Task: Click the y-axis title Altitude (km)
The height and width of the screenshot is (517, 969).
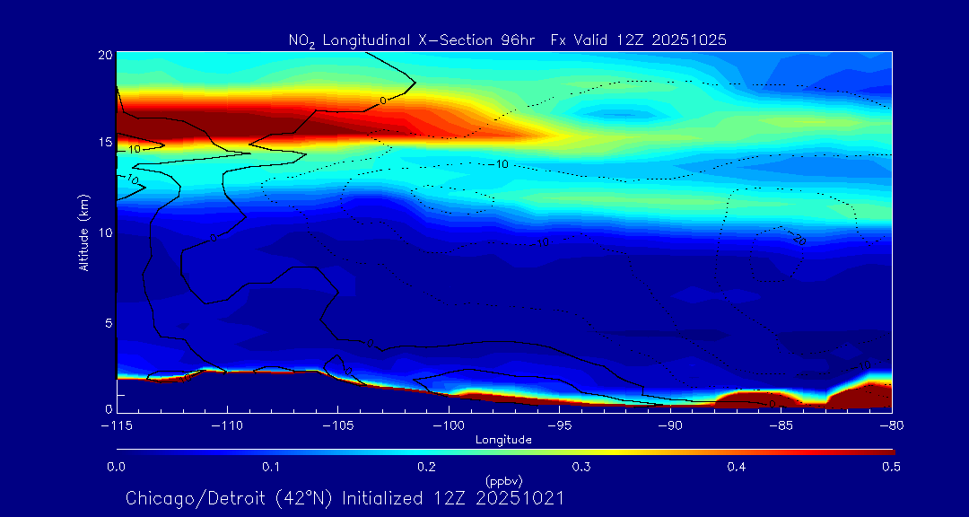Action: (x=83, y=232)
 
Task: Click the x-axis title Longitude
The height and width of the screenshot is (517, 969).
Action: (x=503, y=440)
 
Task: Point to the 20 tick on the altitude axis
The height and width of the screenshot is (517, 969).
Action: (x=104, y=55)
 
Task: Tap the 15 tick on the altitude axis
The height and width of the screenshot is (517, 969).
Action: (x=104, y=143)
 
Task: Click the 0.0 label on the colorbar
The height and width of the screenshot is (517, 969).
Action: (x=116, y=467)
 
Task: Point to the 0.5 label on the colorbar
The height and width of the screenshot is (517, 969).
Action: (x=892, y=467)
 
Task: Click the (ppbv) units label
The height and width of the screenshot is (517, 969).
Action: (x=503, y=480)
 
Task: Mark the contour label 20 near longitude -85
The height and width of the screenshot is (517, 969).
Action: (x=798, y=240)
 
